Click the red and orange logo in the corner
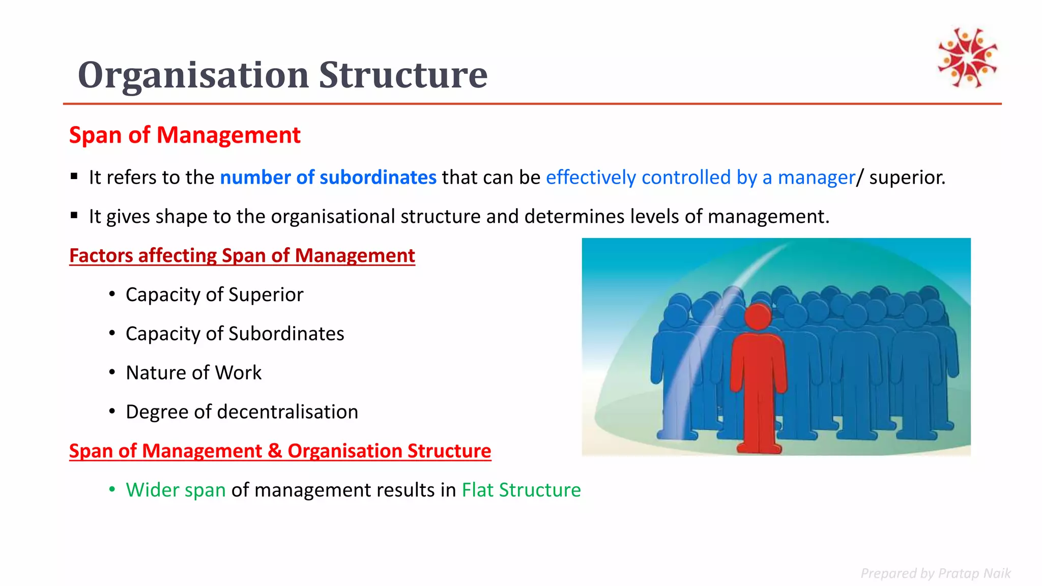coord(967,57)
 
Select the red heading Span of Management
coord(185,135)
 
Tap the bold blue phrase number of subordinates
coord(328,178)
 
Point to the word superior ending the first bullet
coord(906,178)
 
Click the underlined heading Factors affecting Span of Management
coord(242,255)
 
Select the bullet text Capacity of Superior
coord(214,295)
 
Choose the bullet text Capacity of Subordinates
coord(235,334)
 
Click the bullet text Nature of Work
coord(193,373)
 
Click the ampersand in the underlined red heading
coord(275,451)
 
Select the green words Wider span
coord(176,490)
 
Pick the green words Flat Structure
coord(521,490)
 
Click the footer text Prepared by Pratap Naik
coord(935,573)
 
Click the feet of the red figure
coord(759,447)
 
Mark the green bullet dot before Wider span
coord(112,490)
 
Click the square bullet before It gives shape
coord(74,216)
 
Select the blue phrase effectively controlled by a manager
coord(700,178)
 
